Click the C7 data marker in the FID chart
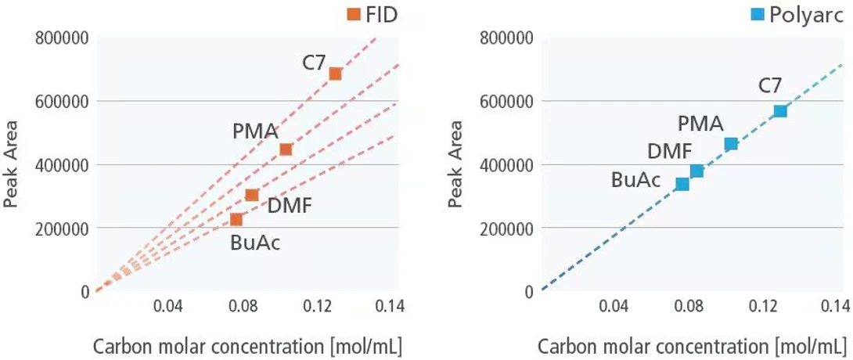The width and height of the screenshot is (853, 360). pos(335,74)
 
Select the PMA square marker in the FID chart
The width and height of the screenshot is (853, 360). pos(286,149)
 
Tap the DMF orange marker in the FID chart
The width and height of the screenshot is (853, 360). pos(252,195)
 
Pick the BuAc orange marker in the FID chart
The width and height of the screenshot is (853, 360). pos(236,219)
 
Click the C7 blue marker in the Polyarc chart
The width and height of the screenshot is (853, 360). pos(779,111)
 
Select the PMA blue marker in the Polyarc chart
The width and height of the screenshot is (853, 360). pos(731,143)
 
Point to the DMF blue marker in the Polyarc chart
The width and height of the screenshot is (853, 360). pos(696,171)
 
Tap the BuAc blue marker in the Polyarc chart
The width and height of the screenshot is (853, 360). pos(682,184)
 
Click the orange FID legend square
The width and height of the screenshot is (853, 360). pos(353,13)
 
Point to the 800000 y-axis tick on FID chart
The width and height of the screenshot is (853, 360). pos(62,38)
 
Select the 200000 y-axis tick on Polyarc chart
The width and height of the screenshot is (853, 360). pos(508,229)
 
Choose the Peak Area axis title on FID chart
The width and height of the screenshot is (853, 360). pos(11,164)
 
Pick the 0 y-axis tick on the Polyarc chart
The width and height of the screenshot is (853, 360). pos(529,292)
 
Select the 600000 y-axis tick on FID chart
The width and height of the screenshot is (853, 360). pos(62,101)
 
